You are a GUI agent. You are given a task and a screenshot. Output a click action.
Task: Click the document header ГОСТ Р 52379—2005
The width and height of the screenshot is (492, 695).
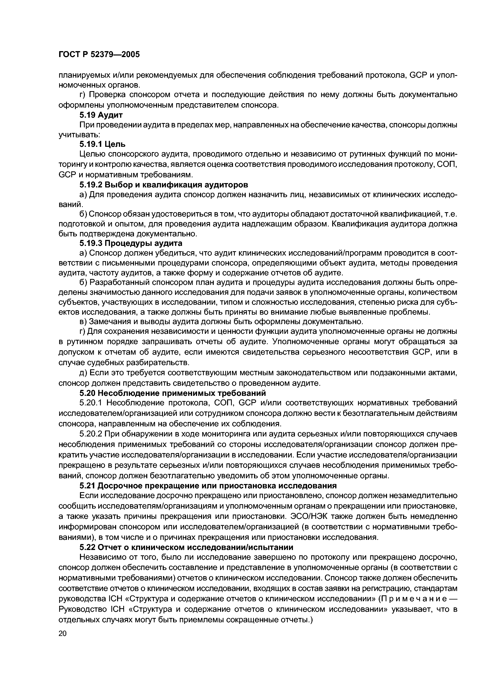coord(99,54)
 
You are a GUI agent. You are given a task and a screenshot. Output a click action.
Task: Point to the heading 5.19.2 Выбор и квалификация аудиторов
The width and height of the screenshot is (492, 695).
coord(164,184)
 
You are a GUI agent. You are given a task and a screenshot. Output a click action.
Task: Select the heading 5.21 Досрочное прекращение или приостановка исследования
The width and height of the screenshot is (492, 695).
coord(208,486)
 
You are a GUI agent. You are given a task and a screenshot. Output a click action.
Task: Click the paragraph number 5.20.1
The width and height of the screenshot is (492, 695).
coord(91,403)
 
